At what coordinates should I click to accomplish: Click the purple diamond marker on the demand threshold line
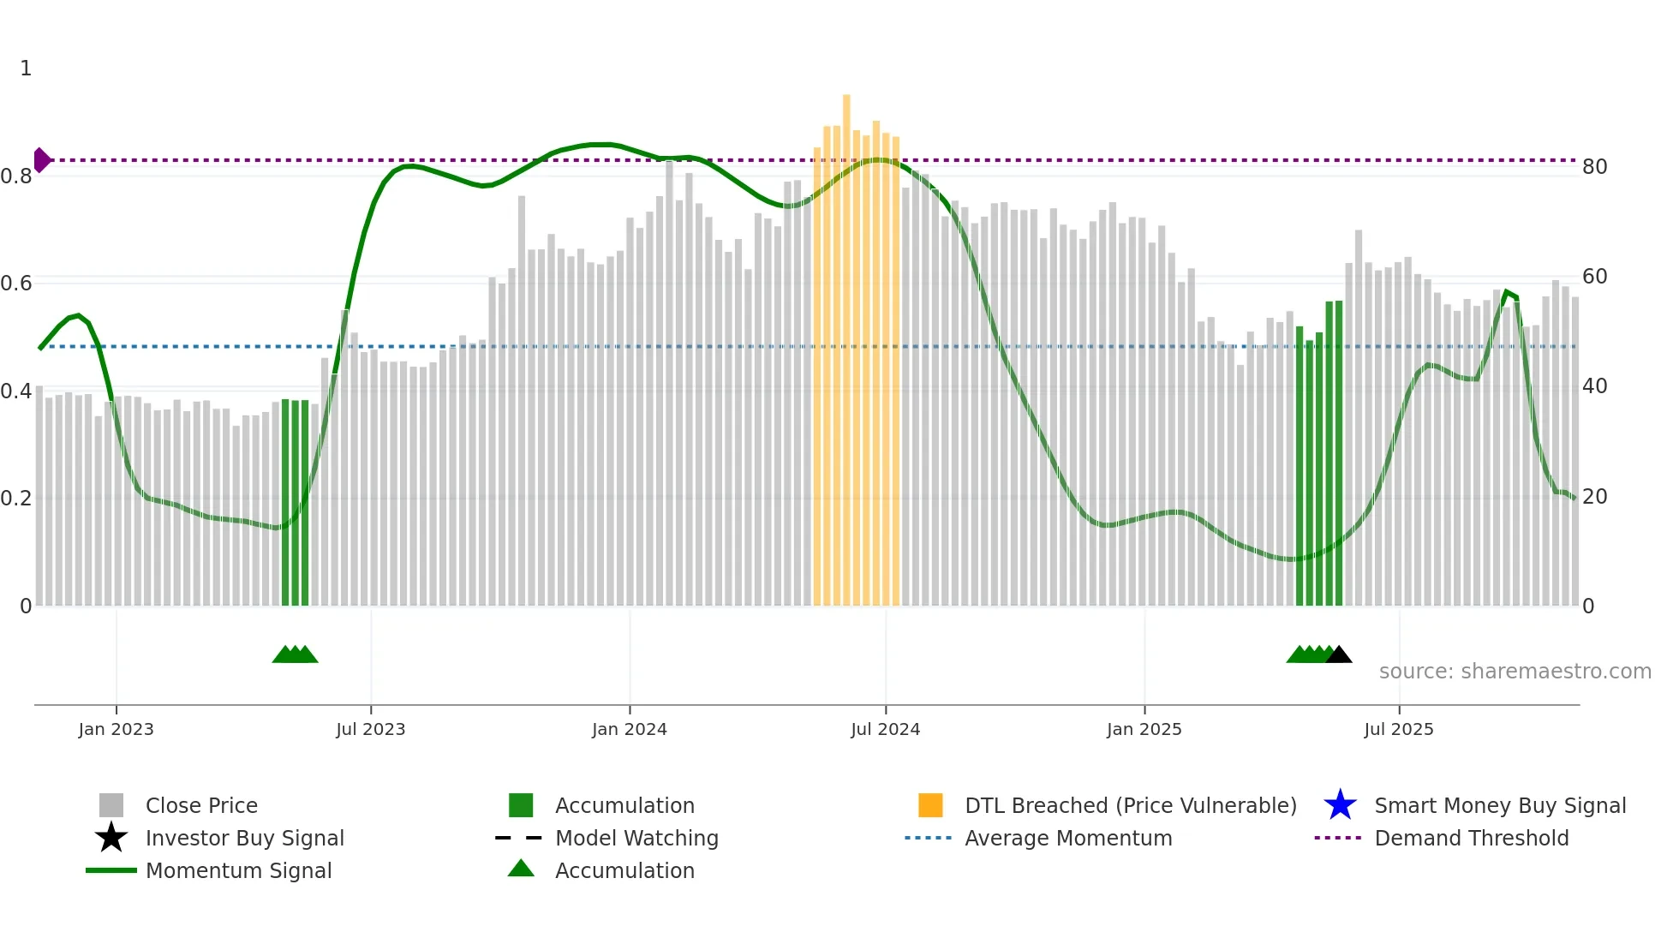[41, 160]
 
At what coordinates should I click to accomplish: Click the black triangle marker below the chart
[1339, 655]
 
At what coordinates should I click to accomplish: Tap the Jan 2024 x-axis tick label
[629, 730]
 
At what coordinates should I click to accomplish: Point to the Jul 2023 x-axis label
[370, 730]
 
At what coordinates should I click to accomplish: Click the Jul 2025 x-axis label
[1398, 730]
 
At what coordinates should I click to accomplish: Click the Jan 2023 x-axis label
[116, 730]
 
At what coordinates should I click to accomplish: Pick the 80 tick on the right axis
[1594, 167]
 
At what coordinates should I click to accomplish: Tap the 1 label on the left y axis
[26, 69]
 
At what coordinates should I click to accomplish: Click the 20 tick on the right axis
[1594, 497]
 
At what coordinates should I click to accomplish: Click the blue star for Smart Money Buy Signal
[1340, 805]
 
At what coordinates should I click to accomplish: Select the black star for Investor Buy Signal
[111, 838]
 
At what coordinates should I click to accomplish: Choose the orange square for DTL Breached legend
[930, 805]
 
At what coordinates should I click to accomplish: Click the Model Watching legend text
[636, 839]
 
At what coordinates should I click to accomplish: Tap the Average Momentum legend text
[1068, 839]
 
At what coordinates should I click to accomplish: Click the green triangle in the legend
[521, 869]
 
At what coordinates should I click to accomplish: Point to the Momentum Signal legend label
[238, 871]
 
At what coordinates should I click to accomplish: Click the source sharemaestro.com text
[1515, 672]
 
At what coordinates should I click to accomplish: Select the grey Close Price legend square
[111, 805]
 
